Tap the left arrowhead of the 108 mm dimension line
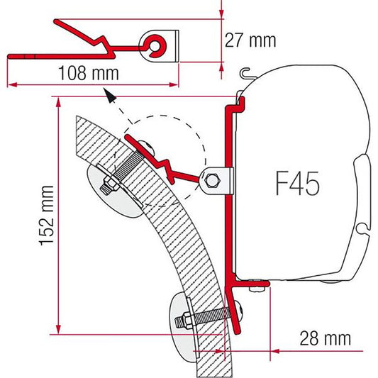click(11, 84)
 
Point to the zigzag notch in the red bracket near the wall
click(167, 166)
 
